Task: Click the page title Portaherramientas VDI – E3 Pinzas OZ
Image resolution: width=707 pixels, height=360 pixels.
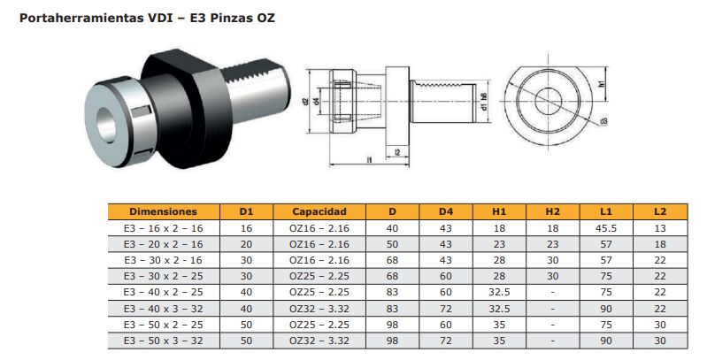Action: [x=147, y=18]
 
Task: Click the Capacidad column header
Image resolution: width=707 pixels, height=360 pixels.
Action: [x=319, y=211]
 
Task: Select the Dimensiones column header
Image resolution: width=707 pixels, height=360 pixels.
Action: [x=163, y=211]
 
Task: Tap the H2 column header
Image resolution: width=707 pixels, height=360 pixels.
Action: [x=552, y=211]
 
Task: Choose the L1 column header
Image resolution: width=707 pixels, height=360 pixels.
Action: [x=606, y=211]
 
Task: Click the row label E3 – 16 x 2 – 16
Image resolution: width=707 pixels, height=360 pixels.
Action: [x=163, y=228]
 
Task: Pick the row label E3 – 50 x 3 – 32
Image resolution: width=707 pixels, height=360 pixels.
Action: [x=163, y=341]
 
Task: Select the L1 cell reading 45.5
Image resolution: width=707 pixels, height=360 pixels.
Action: [x=606, y=228]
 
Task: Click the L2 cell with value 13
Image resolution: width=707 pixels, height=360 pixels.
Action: [x=660, y=228]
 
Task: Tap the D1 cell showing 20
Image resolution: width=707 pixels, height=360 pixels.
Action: [x=246, y=244]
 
